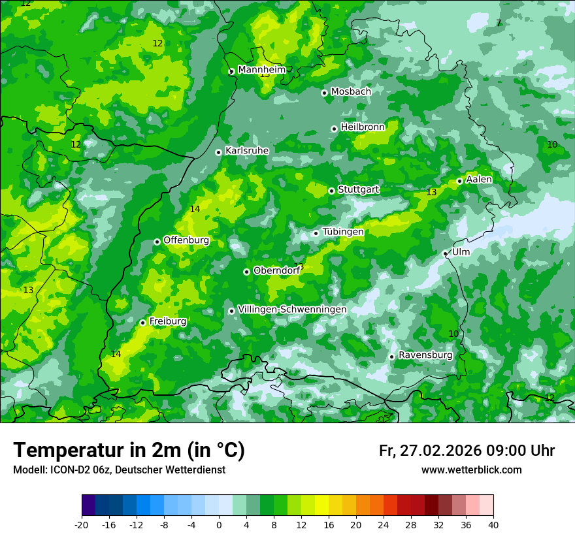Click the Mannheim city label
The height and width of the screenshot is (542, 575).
click(x=262, y=70)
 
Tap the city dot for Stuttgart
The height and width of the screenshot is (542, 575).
click(x=332, y=191)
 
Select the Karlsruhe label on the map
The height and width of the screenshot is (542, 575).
click(x=247, y=151)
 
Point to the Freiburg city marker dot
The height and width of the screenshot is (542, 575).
click(x=142, y=323)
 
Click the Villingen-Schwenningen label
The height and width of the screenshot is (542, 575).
click(x=292, y=310)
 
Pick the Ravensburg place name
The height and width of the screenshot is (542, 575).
click(x=425, y=355)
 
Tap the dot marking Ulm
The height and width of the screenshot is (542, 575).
click(x=446, y=253)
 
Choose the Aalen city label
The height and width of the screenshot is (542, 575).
click(x=479, y=180)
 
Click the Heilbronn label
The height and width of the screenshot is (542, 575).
click(x=363, y=127)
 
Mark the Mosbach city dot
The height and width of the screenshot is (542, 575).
click(x=324, y=93)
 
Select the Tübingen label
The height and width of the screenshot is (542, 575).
click(x=343, y=232)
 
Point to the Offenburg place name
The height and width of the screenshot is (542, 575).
click(x=186, y=240)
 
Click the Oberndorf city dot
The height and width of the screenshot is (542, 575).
click(x=246, y=272)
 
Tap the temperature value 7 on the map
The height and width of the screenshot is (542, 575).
click(x=499, y=23)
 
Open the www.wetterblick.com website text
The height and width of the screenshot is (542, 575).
click(x=471, y=470)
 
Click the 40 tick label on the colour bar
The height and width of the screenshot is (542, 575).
click(x=493, y=524)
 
